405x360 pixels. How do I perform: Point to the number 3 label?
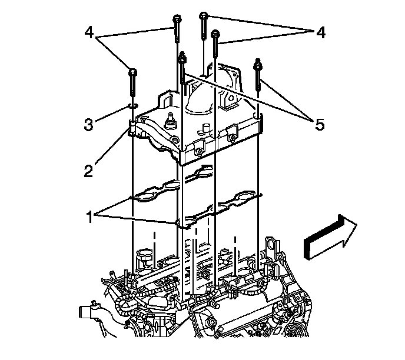pyautogui.click(x=88, y=125)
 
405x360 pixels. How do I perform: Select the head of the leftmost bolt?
pyautogui.click(x=134, y=73)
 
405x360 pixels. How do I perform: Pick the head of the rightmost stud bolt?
pyautogui.click(x=258, y=64)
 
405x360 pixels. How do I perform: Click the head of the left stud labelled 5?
pyautogui.click(x=182, y=57)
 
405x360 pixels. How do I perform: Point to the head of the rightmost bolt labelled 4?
pyautogui.click(x=215, y=35)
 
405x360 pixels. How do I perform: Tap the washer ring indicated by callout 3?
pyautogui.click(x=134, y=106)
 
